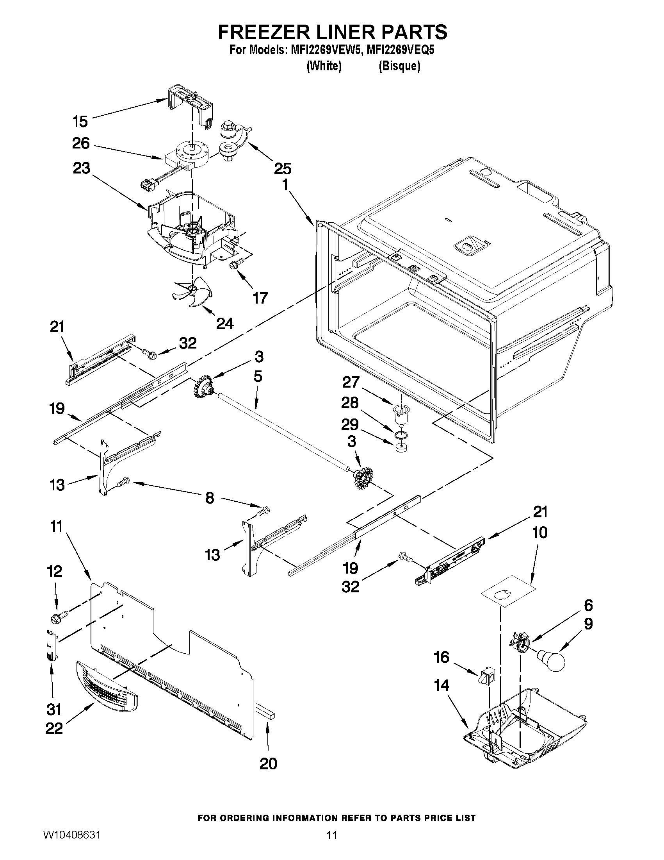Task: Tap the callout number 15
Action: pyautogui.click(x=80, y=121)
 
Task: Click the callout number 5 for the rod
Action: pyautogui.click(x=258, y=376)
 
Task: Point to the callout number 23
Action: pyautogui.click(x=81, y=168)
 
